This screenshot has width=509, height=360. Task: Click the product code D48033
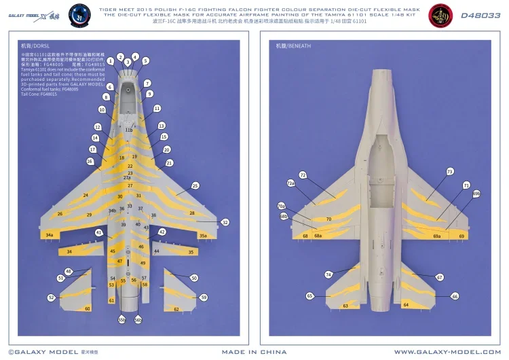(480, 15)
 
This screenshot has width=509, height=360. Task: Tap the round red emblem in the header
(440, 16)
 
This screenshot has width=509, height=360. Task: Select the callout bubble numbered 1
(110, 61)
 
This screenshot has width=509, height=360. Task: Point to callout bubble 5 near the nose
(145, 60)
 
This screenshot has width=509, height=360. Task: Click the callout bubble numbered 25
(195, 185)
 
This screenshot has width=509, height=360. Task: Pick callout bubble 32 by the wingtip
(225, 222)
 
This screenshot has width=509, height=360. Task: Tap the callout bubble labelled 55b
(121, 319)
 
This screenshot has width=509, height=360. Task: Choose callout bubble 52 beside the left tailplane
(51, 298)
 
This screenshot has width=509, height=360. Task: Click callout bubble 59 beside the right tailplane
(204, 298)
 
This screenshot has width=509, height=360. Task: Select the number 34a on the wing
(49, 235)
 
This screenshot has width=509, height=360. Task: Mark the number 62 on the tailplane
(176, 309)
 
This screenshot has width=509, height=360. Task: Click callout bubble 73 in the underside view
(449, 172)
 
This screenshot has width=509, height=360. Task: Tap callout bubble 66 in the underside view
(455, 296)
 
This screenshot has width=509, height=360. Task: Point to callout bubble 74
(328, 274)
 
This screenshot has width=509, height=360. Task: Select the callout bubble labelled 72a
(290, 183)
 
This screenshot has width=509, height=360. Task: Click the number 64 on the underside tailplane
(406, 305)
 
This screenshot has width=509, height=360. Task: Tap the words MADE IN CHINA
(254, 352)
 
